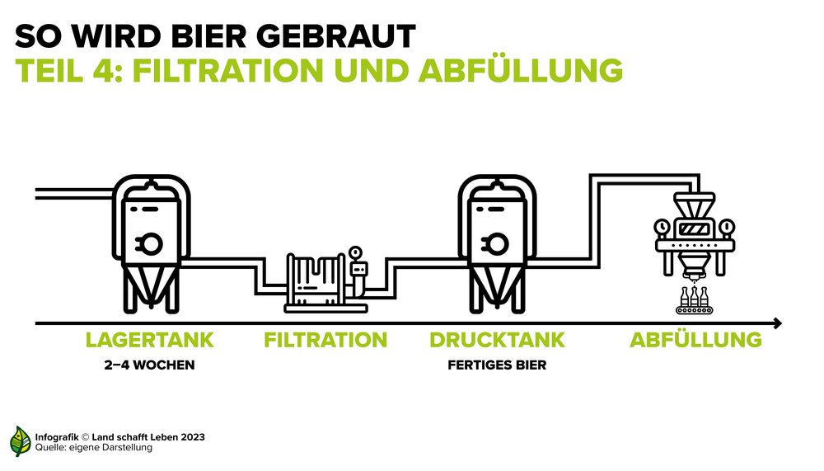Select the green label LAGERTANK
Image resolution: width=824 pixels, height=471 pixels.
(x=150, y=340)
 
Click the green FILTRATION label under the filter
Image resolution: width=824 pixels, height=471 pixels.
(x=325, y=340)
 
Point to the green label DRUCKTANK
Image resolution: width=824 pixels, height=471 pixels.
(x=497, y=340)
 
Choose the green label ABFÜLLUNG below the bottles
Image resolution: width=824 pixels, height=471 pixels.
(x=695, y=340)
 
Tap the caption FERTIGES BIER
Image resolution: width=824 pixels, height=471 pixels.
(x=497, y=365)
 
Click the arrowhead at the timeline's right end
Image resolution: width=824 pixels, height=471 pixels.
(x=776, y=323)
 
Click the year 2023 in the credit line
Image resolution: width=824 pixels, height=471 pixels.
(x=192, y=436)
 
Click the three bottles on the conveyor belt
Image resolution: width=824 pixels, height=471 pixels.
(x=694, y=298)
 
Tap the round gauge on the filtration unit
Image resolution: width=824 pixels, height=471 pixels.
(x=355, y=252)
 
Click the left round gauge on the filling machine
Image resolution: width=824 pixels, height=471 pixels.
(x=661, y=226)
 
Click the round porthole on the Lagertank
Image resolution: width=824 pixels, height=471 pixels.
(x=153, y=242)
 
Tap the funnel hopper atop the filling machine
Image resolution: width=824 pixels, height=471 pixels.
(x=693, y=202)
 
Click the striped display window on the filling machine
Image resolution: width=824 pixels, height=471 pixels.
(x=693, y=228)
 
